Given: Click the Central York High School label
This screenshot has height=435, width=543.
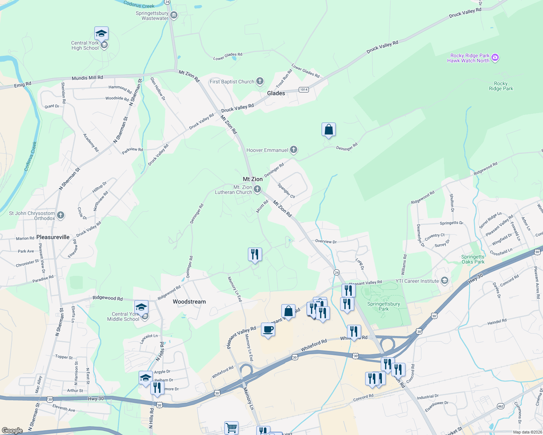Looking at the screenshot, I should (x=85, y=45).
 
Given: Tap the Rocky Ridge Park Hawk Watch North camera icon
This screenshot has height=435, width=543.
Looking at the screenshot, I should (x=495, y=58).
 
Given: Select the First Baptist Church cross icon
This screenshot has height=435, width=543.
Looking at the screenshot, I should (x=260, y=81).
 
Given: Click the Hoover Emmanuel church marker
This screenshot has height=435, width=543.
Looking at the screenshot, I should (x=294, y=150).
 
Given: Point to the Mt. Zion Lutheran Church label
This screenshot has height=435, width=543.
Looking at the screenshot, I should (x=233, y=190).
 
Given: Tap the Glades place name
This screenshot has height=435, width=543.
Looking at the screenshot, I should (x=276, y=93).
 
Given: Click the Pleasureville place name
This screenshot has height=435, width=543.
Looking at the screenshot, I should (x=53, y=237).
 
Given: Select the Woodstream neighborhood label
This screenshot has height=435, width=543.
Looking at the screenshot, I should (x=189, y=302).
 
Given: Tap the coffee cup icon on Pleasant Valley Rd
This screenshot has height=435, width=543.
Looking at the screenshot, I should (x=268, y=330).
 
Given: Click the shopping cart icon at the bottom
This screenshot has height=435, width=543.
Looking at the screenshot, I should (x=231, y=428).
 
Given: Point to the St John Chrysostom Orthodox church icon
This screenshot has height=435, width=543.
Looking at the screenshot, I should (x=61, y=215).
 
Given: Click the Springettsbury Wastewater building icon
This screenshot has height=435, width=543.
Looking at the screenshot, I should (x=174, y=15).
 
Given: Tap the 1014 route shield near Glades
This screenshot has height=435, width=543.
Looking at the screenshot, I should (x=304, y=90).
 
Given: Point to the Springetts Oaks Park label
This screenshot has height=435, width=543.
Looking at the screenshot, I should (x=473, y=259).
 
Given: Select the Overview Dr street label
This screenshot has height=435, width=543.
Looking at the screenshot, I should (x=326, y=241).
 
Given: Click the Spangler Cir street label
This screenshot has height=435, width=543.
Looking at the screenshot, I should (x=286, y=191).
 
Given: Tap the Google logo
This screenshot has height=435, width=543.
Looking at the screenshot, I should (x=12, y=430).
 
